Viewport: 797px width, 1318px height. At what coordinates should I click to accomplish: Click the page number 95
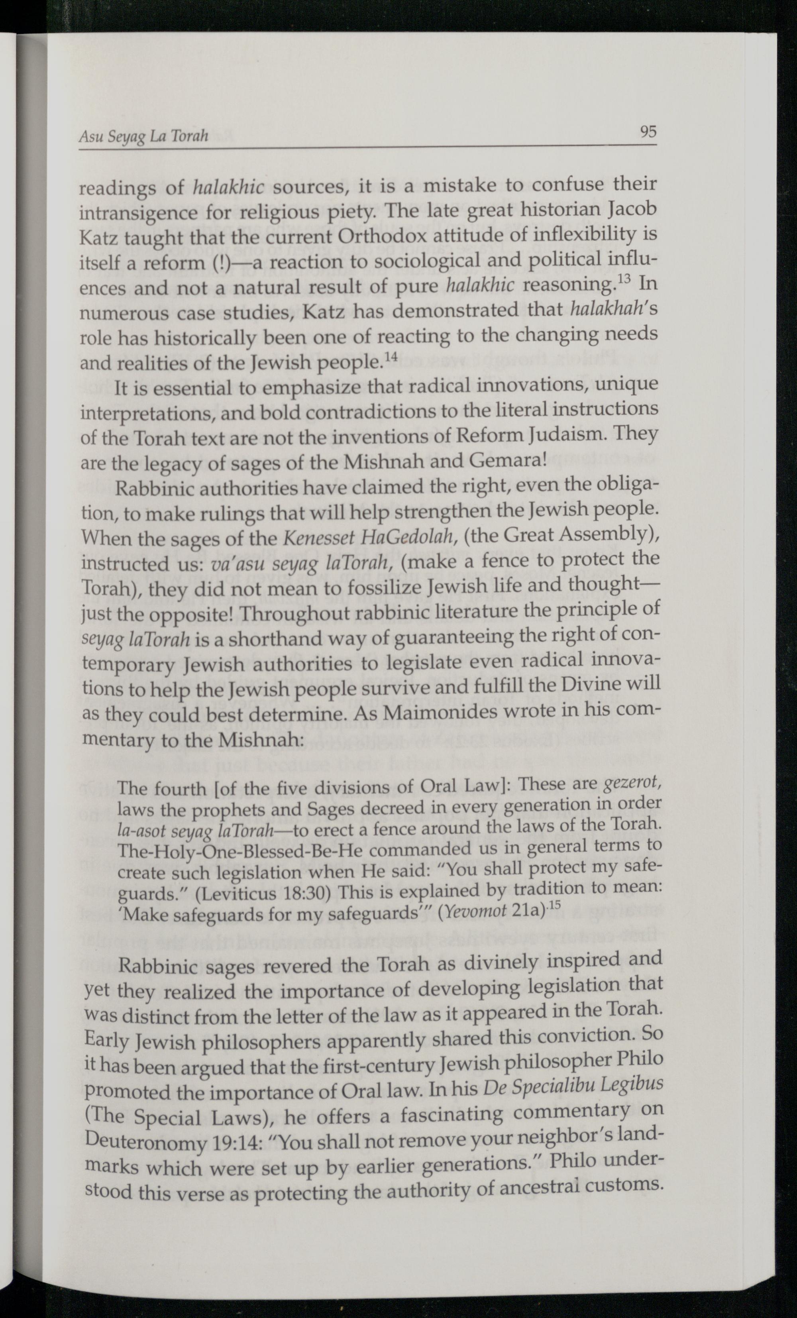(648, 132)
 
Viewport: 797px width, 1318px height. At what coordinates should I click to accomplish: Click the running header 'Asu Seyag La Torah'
(143, 136)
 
